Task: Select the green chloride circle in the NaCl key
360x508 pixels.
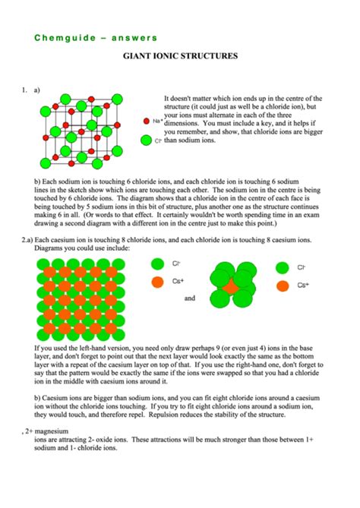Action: point(147,140)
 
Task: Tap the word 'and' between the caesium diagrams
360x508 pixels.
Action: point(190,298)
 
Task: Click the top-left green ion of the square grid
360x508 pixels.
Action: point(41,263)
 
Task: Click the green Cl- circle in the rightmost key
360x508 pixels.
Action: point(282,267)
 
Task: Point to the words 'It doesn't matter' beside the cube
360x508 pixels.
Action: point(191,99)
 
